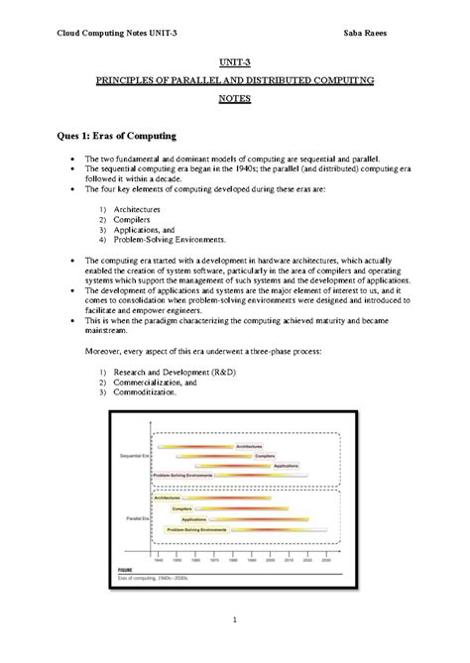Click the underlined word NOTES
pos(235,99)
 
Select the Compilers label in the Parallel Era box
pos(182,508)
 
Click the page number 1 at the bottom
pos(235,620)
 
